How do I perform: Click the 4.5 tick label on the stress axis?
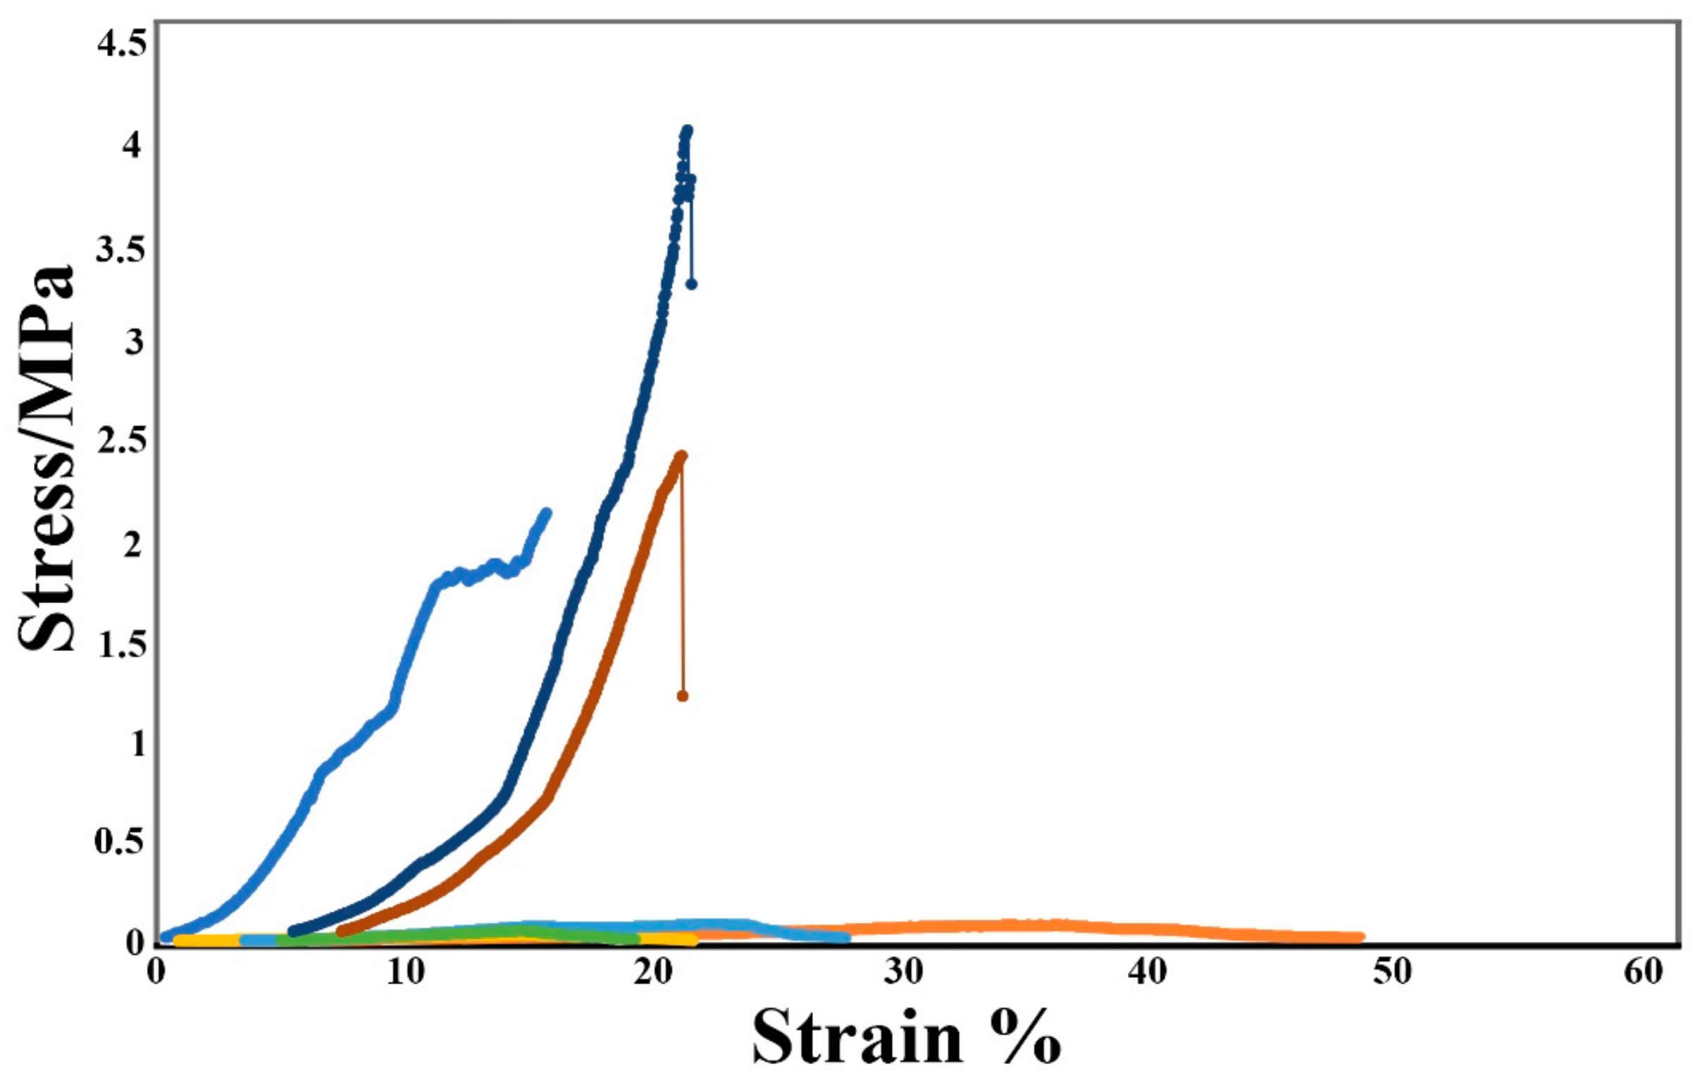(x=121, y=45)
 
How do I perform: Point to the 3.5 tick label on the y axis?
(x=121, y=249)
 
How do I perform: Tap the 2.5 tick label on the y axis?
(x=121, y=442)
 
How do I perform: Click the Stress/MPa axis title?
(x=46, y=458)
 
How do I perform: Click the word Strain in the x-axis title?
(x=857, y=1039)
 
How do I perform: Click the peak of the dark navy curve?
(x=688, y=130)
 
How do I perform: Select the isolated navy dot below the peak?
(x=692, y=284)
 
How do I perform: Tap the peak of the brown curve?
(x=681, y=456)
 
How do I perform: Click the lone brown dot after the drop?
(x=683, y=696)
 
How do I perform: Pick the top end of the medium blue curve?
(x=546, y=512)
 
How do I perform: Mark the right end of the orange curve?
(x=1360, y=937)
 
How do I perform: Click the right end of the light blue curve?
(x=846, y=937)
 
